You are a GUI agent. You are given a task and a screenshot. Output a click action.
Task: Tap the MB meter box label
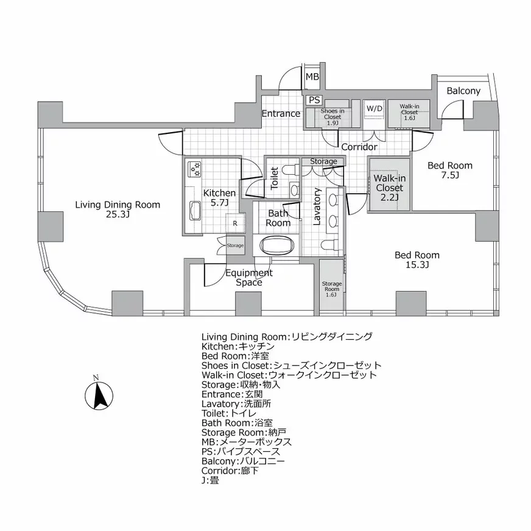pyautogui.click(x=312, y=77)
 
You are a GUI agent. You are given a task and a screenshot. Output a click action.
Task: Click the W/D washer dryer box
pyautogui.click(x=374, y=109)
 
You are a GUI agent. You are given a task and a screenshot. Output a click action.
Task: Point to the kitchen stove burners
pyautogui.click(x=195, y=167)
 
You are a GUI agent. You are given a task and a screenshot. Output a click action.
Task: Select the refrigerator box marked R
pyautogui.click(x=235, y=223)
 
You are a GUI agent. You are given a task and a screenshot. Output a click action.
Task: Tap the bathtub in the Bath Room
pyautogui.click(x=278, y=245)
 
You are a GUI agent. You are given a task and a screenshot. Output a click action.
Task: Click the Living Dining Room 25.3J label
pyautogui.click(x=118, y=209)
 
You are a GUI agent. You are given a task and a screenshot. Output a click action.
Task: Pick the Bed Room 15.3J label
pyautogui.click(x=417, y=259)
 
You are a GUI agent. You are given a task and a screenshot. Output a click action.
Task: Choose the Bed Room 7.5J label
pyautogui.click(x=449, y=170)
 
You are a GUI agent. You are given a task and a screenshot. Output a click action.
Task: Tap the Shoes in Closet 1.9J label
pyautogui.click(x=332, y=116)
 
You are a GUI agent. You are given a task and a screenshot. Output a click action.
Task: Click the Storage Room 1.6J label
pyautogui.click(x=332, y=289)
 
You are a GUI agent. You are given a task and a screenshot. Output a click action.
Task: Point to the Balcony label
pyautogui.click(x=463, y=91)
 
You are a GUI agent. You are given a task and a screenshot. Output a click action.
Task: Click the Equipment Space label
pyautogui.click(x=249, y=278)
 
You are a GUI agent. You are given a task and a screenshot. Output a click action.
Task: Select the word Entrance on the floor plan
pyautogui.click(x=281, y=113)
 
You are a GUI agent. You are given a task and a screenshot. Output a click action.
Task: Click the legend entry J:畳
pyautogui.click(x=211, y=480)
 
